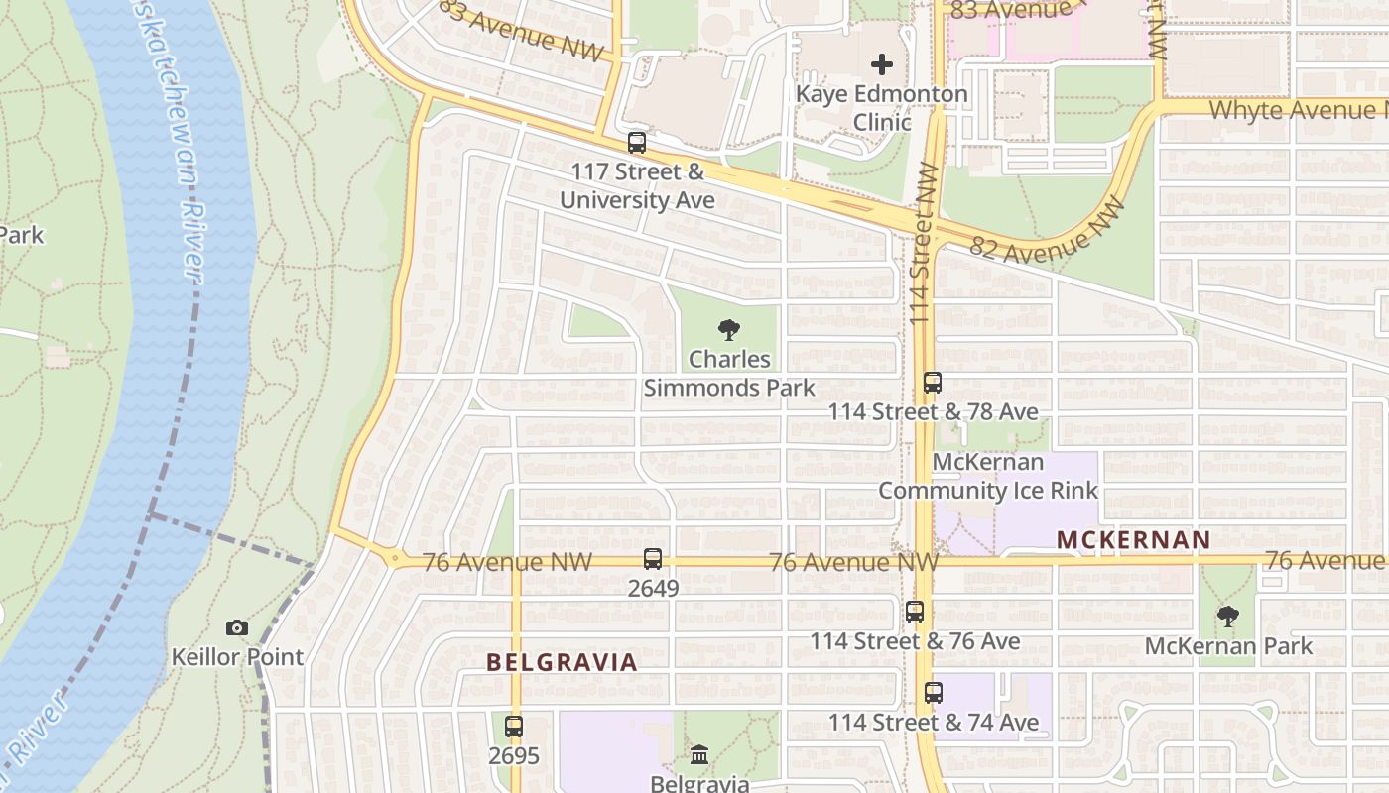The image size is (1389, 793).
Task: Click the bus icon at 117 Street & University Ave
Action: (x=637, y=143)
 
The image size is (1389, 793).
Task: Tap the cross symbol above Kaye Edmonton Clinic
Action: (x=882, y=65)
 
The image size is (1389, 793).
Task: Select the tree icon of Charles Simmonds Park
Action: (x=729, y=330)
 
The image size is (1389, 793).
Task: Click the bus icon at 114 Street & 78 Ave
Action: (x=933, y=383)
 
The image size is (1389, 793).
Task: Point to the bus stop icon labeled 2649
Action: (x=653, y=559)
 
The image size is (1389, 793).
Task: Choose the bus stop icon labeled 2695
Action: (x=514, y=726)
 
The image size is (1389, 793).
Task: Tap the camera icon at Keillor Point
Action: (x=236, y=627)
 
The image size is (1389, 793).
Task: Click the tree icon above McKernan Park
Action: (x=1228, y=617)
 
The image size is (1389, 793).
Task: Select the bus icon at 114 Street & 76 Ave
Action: (x=915, y=612)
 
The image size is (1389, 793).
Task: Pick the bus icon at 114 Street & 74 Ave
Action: (x=934, y=693)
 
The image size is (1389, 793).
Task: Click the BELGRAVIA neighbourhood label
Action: (x=562, y=662)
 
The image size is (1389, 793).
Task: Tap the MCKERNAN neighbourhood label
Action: (x=1133, y=540)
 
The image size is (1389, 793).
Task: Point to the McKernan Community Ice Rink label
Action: (x=988, y=476)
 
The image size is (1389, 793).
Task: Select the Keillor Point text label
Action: (x=237, y=656)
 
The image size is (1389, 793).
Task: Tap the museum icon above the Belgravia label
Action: (x=699, y=754)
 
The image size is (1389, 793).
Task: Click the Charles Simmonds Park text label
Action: (x=729, y=373)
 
